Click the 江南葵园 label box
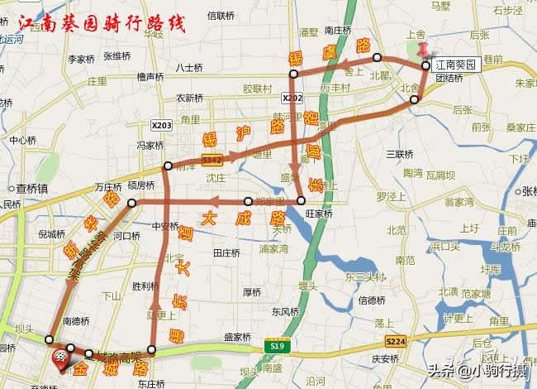click(x=457, y=65)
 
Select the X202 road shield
click(x=290, y=98)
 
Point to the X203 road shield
click(x=162, y=124)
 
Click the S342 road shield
click(x=211, y=158)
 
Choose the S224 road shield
click(x=397, y=341)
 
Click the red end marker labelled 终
click(x=61, y=358)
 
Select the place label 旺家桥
click(x=319, y=214)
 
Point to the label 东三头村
click(x=365, y=276)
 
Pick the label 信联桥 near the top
click(x=223, y=15)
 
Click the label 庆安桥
click(x=384, y=358)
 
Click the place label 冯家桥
click(x=150, y=145)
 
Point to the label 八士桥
click(x=189, y=67)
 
